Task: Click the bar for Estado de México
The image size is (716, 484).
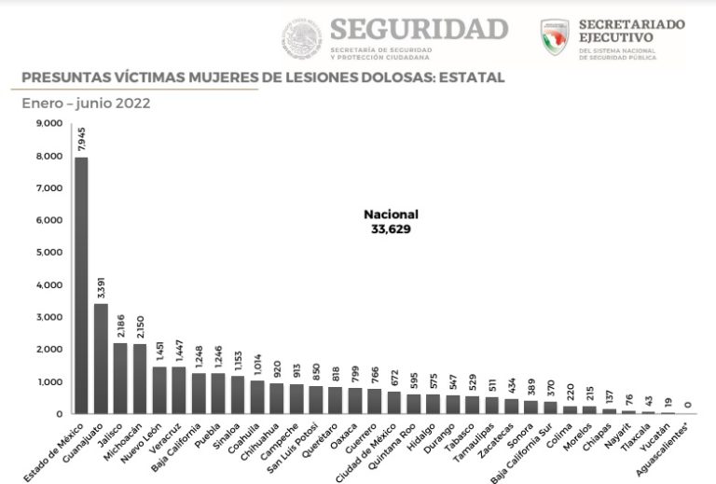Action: [x=81, y=284]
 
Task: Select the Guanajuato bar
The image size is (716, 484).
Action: [x=101, y=358]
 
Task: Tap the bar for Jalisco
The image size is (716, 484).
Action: [x=120, y=378]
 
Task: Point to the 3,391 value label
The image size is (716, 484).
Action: [x=101, y=285]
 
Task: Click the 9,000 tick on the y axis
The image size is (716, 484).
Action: [x=48, y=123]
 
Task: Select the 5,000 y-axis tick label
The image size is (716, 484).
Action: [x=48, y=252]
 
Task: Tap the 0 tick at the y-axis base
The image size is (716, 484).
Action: [x=59, y=413]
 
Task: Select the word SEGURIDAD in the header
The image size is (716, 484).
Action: [x=420, y=28]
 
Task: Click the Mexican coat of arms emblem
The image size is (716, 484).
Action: [x=301, y=38]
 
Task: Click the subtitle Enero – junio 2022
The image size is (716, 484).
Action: [x=86, y=104]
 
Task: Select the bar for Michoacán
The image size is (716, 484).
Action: [x=140, y=379]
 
